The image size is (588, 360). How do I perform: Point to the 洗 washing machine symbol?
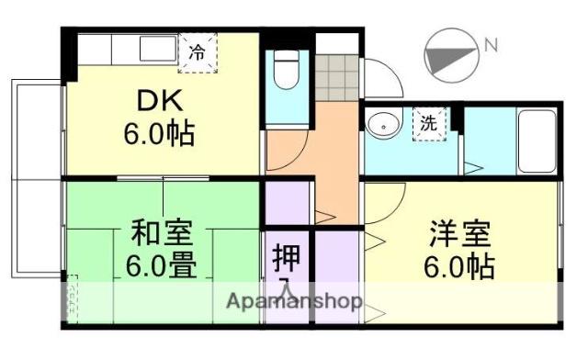pyautogui.click(x=429, y=122)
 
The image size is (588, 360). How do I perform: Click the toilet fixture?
pyautogui.click(x=286, y=70)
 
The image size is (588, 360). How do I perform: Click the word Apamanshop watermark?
pyautogui.click(x=293, y=302)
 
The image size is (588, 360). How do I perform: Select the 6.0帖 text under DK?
pyautogui.click(x=160, y=135)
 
